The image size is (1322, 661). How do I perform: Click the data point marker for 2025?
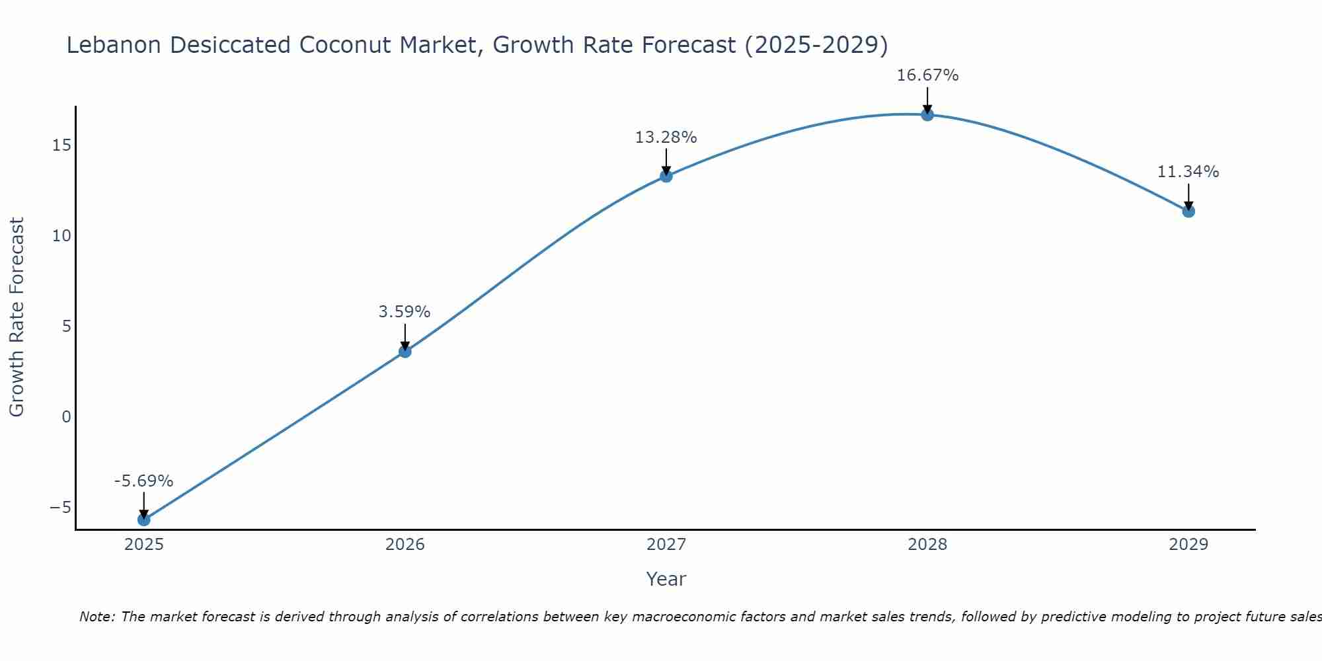143,520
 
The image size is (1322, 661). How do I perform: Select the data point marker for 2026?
405,351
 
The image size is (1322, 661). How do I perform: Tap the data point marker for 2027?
666,176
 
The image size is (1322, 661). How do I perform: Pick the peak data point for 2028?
927,114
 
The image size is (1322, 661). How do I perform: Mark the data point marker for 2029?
1188,211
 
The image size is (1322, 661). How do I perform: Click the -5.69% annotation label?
143,481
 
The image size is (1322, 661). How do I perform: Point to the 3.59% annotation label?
405,312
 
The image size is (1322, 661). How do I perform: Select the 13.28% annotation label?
666,137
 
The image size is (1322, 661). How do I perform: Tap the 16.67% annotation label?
927,75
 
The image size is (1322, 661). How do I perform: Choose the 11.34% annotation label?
1188,172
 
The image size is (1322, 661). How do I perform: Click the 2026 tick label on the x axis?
405,545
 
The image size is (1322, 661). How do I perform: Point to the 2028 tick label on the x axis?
927,545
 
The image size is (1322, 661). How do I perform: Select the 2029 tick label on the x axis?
1188,545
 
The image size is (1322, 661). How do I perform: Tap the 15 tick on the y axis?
61,145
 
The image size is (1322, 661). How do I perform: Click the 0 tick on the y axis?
66,417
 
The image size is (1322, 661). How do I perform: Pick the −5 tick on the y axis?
60,508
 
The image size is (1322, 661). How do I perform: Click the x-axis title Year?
666,579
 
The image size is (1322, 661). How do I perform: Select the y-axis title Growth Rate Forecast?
17,317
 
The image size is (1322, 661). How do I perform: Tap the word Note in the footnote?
97,617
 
